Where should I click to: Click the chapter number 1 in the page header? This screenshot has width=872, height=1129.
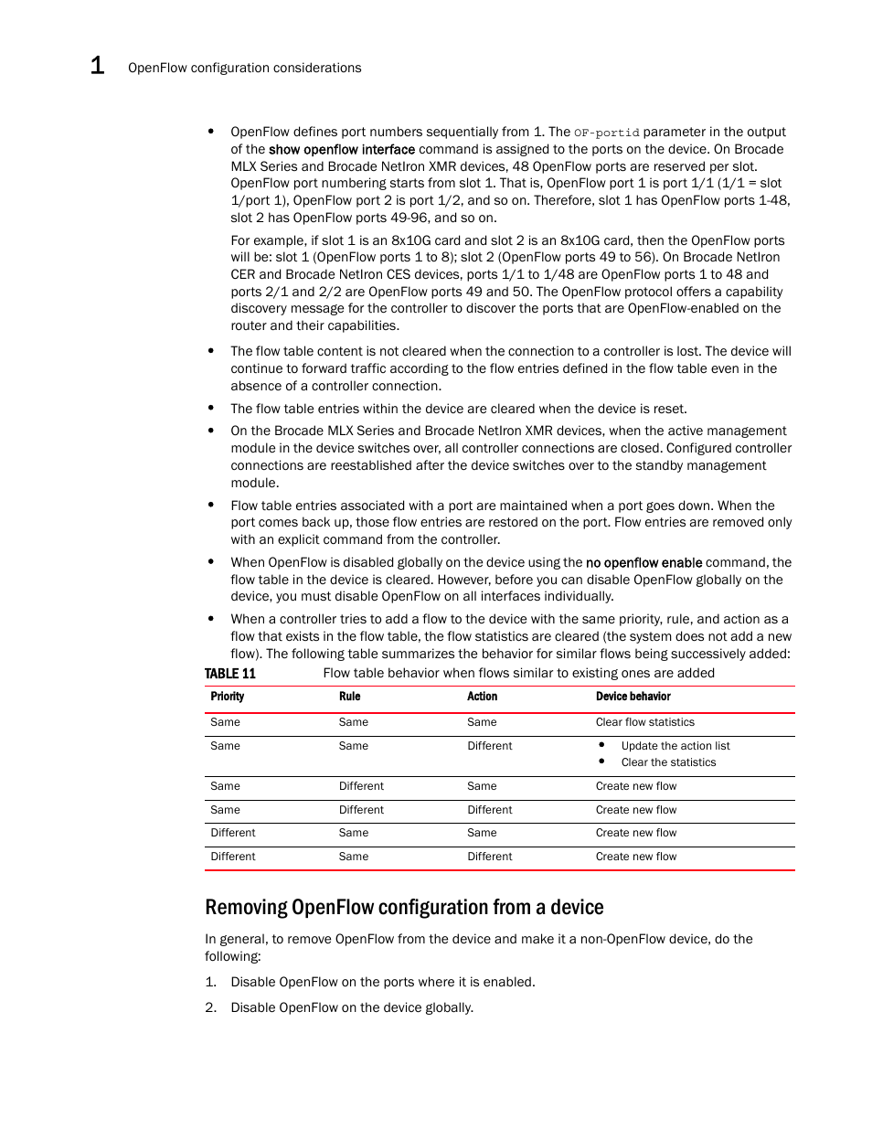[97, 66]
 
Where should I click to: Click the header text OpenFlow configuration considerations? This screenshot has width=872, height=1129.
[244, 68]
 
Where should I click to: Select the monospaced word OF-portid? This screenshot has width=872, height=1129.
[606, 133]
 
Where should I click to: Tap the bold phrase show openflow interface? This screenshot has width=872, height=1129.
[341, 149]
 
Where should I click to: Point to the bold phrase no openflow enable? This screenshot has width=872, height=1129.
[643, 563]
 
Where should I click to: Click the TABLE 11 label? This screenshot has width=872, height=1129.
[229, 674]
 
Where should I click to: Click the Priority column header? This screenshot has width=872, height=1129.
[227, 697]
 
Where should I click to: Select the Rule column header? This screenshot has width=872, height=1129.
[349, 697]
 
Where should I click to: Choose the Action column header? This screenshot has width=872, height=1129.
[482, 697]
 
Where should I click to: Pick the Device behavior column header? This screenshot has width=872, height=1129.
[633, 697]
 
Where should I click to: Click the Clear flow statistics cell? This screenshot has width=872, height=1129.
[644, 722]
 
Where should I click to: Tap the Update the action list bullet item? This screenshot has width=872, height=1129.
[675, 746]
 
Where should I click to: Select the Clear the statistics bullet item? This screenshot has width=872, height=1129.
[668, 762]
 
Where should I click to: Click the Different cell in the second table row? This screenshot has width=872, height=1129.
[489, 746]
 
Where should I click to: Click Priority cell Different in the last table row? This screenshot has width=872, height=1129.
[232, 857]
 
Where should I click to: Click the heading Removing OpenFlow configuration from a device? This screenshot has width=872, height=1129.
[404, 907]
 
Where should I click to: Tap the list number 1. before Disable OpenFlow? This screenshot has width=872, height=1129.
[210, 982]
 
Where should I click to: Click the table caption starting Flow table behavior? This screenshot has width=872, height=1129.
[518, 674]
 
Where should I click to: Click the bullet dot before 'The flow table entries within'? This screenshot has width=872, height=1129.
[211, 409]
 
